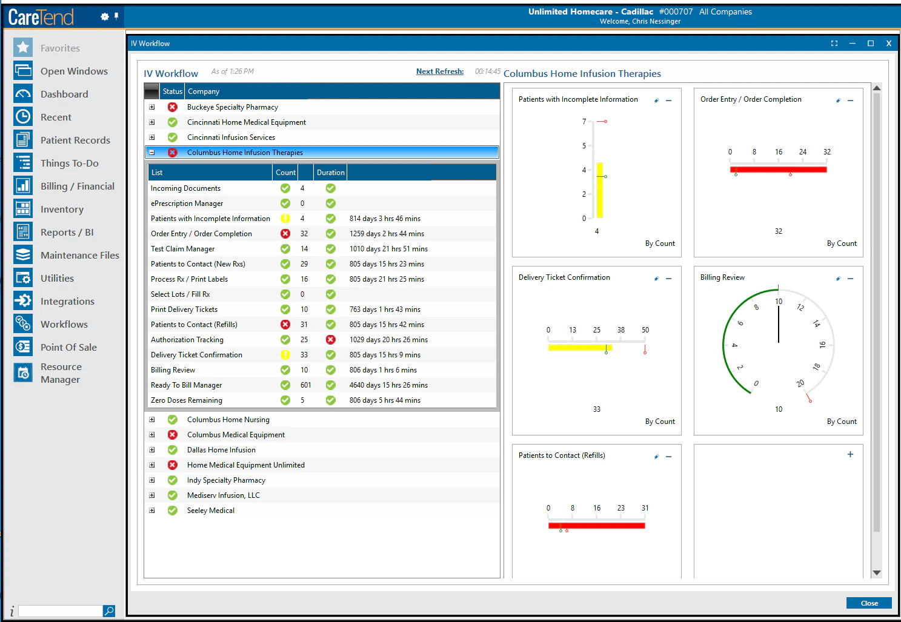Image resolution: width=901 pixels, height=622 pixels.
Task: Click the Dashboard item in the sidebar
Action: (x=64, y=94)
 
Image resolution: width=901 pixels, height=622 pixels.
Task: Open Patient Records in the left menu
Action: (x=75, y=141)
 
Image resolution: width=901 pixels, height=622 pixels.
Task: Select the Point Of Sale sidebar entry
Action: (x=68, y=348)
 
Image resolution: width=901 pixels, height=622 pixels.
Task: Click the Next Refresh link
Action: (x=439, y=71)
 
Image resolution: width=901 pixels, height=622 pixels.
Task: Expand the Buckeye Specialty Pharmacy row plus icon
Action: (x=152, y=107)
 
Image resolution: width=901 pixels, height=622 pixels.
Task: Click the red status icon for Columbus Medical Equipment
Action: (x=173, y=435)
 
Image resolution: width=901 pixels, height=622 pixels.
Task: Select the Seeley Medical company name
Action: (x=210, y=511)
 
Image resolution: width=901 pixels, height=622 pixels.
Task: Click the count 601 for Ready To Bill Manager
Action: (x=305, y=385)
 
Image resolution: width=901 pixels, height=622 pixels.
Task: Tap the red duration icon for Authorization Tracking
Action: (x=330, y=340)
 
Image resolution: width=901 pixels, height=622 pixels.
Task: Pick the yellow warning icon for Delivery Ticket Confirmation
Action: (x=285, y=355)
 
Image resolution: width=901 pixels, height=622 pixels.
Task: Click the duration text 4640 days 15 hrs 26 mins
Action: (x=388, y=385)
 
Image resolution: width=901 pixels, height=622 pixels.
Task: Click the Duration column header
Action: (x=330, y=173)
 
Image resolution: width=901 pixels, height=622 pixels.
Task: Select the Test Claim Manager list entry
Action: (x=182, y=249)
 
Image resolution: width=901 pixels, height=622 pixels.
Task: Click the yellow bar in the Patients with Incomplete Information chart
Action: (x=599, y=191)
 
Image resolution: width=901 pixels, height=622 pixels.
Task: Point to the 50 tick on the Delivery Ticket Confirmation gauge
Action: (x=645, y=331)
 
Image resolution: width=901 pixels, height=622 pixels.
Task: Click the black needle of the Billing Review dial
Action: (x=779, y=324)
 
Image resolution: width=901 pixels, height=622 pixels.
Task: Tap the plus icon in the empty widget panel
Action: (x=850, y=454)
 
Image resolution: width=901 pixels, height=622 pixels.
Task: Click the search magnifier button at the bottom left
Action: (x=108, y=611)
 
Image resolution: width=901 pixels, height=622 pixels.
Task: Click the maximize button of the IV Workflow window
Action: (x=871, y=44)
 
